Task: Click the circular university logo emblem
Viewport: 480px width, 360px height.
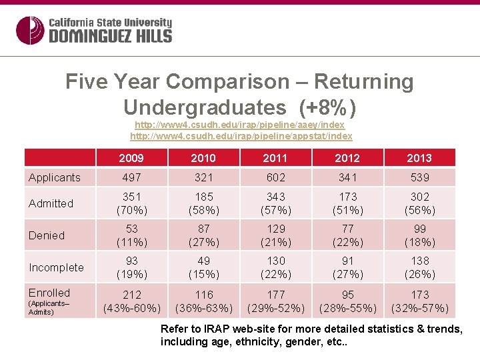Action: (30, 30)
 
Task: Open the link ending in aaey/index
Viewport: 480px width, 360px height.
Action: (239, 125)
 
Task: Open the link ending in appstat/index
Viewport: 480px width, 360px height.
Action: (241, 136)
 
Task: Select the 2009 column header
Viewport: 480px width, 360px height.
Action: (131, 158)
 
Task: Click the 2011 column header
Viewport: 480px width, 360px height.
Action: (275, 158)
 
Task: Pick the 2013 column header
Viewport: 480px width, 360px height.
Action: (419, 158)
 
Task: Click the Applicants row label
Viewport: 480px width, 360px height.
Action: (54, 177)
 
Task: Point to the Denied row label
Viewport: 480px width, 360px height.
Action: (47, 235)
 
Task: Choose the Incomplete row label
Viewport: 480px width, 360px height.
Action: (56, 267)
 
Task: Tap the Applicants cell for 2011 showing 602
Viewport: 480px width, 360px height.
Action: (275, 177)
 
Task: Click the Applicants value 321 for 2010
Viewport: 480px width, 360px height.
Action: (203, 177)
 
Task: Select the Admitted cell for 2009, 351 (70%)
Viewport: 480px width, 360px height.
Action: (131, 203)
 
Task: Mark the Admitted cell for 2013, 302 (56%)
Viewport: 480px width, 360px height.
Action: (419, 203)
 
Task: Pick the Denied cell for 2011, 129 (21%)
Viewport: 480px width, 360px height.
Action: (275, 235)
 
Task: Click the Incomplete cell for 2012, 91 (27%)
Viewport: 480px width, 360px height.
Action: (347, 267)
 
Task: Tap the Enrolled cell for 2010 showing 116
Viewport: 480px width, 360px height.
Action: (203, 301)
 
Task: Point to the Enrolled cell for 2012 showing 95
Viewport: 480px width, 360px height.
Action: (347, 301)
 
